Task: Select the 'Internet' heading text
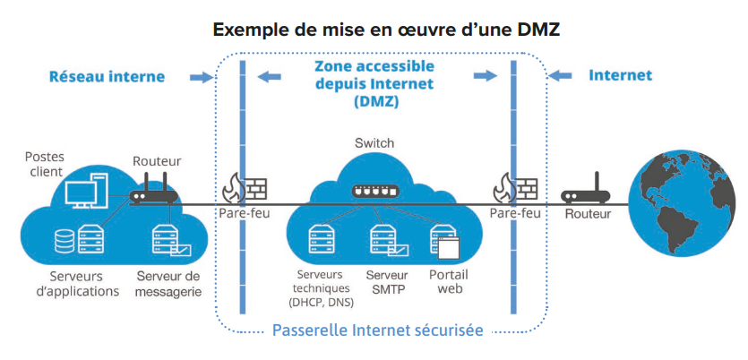(620, 75)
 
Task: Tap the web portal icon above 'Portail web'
(443, 241)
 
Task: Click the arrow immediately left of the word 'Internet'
(560, 76)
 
